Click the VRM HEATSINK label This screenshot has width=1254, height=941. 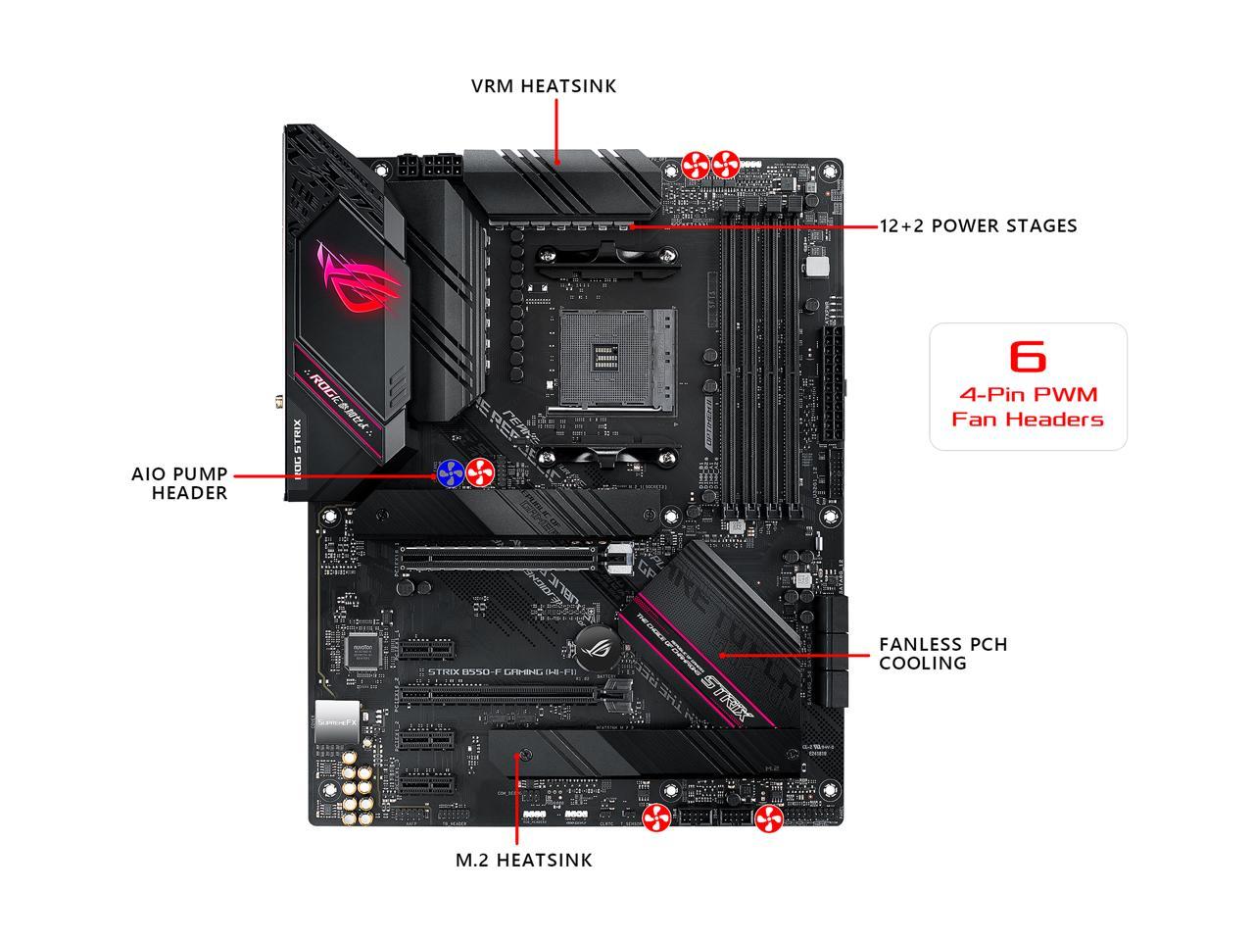tap(544, 86)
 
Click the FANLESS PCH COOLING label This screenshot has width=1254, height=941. tap(942, 654)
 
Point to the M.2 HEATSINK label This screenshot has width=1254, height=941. tap(524, 861)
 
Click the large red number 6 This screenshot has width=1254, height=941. tap(1027, 356)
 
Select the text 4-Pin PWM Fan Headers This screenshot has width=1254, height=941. tap(1028, 407)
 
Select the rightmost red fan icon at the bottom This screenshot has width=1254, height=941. tap(768, 819)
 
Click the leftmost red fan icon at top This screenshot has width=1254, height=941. tap(696, 164)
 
